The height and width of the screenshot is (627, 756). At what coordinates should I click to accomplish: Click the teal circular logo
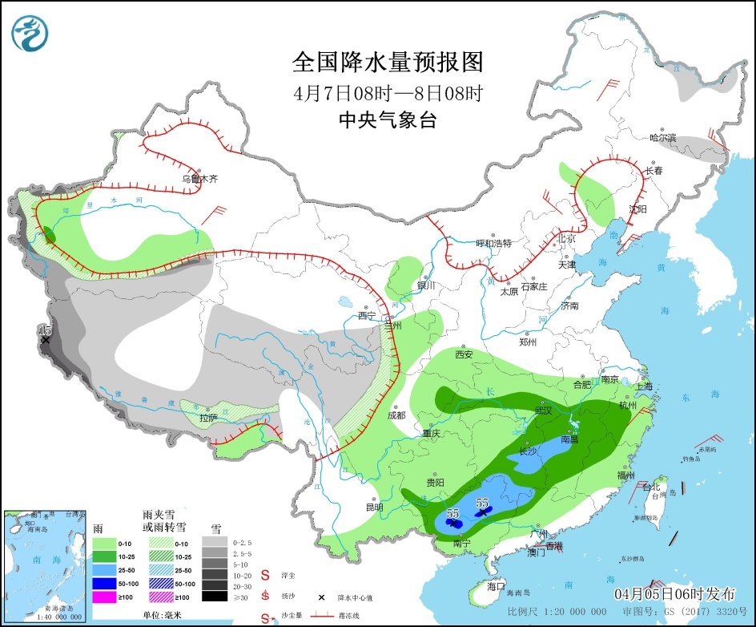[30, 32]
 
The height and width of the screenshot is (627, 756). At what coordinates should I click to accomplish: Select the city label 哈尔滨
[662, 138]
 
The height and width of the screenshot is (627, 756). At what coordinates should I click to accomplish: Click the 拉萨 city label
[208, 417]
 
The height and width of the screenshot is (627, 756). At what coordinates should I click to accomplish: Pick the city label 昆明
[374, 507]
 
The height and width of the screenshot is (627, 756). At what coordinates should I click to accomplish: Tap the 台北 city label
[650, 487]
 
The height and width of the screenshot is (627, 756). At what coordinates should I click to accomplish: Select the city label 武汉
[545, 411]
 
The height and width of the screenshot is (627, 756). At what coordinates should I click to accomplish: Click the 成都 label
[396, 415]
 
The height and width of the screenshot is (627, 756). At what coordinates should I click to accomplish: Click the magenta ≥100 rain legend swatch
[103, 597]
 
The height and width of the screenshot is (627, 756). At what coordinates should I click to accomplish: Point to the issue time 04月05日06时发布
[674, 594]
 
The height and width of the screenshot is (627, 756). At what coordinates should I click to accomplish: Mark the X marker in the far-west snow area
[46, 340]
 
